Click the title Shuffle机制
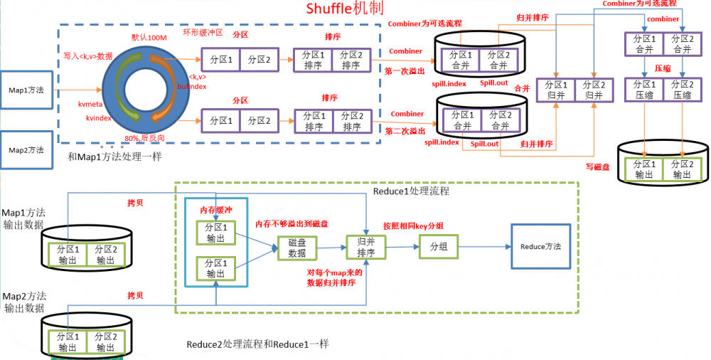[344, 9]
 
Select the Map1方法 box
[26, 90]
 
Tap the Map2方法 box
[26, 150]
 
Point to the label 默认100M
[148, 37]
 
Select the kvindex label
[99, 117]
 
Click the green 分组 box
[439, 247]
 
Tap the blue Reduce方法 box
[540, 247]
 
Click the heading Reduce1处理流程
[411, 192]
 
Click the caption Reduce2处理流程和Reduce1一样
[257, 344]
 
